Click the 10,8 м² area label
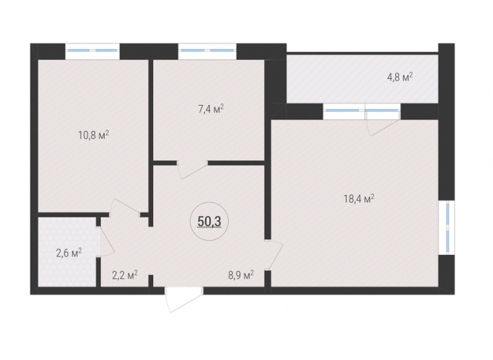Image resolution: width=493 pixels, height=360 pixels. tap(93, 135)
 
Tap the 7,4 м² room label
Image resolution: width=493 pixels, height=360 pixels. tap(211, 110)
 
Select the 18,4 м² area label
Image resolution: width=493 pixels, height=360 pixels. tap(359, 199)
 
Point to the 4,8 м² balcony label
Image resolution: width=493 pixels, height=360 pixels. tap(400, 77)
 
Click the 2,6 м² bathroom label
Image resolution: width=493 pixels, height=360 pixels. tap(69, 253)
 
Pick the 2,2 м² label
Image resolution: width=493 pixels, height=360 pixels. tap(125, 276)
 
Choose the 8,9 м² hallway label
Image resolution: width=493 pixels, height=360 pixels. tap(241, 275)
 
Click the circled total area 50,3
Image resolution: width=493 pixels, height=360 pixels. tap(210, 221)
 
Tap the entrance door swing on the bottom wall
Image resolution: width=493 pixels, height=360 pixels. tap(184, 300)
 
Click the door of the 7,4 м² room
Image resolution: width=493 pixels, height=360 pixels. tap(192, 170)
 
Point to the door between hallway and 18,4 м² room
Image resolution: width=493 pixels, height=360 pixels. tap(273, 255)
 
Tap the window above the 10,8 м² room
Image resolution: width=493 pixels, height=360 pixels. tap(92, 51)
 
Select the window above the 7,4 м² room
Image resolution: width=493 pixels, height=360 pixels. tap(207, 51)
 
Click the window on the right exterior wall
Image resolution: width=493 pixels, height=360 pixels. tap(446, 227)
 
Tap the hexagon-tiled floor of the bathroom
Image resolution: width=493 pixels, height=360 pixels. tap(67, 252)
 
